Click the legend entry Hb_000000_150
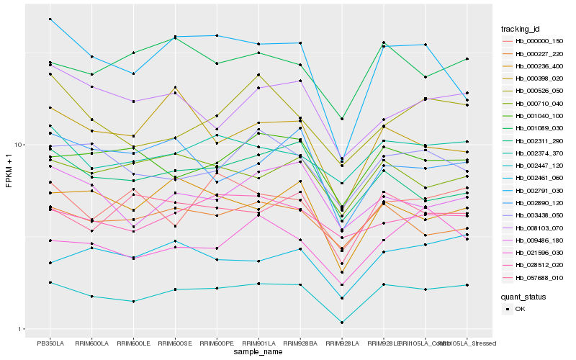[539, 42]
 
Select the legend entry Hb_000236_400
[539, 66]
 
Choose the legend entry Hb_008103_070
[539, 228]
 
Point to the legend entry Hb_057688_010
[539, 277]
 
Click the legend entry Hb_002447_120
[539, 166]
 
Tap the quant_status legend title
[525, 296]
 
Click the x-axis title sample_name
[258, 352]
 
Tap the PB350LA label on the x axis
[50, 343]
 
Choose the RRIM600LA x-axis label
[92, 343]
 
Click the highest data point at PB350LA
[50, 19]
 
